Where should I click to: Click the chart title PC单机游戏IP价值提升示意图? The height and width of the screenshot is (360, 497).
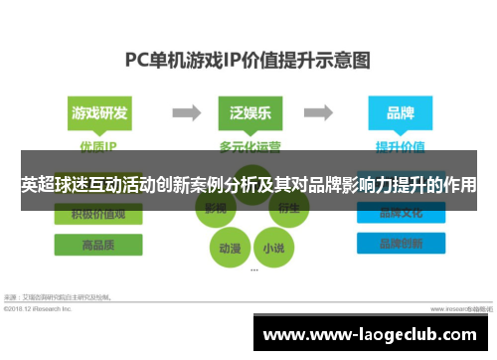click(248, 59)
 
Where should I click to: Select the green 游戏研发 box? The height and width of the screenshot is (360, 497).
click(99, 113)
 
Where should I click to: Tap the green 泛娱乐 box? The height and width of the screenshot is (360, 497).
click(248, 113)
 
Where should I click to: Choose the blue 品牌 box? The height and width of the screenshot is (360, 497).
click(401, 113)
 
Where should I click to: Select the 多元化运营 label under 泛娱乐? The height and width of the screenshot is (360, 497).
click(248, 145)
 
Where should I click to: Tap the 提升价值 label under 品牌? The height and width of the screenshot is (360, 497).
click(400, 145)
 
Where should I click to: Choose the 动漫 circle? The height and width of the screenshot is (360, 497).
click(228, 247)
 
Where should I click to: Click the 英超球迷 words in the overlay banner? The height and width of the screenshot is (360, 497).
click(60, 185)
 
